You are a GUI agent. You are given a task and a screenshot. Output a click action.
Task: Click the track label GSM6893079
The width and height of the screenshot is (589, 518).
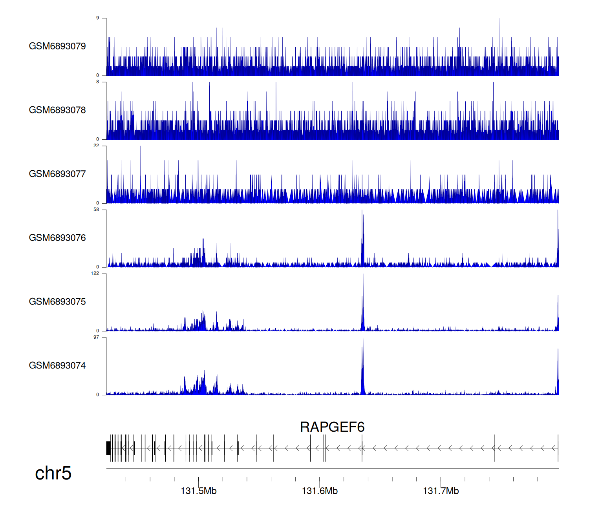pyautogui.click(x=57, y=46)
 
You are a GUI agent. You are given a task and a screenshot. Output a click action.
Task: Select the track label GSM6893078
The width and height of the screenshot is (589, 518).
pyautogui.click(x=57, y=110)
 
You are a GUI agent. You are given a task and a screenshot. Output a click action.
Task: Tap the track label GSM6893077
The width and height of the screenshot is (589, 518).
pyautogui.click(x=57, y=174)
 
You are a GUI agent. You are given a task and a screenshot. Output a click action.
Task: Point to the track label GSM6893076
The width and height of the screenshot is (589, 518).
pyautogui.click(x=57, y=238)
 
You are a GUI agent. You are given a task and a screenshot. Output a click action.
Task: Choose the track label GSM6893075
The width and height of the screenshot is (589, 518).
pyautogui.click(x=57, y=302)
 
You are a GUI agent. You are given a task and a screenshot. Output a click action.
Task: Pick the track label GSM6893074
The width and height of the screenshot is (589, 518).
pyautogui.click(x=57, y=366)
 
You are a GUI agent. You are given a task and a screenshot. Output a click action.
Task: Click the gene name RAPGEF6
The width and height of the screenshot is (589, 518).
pyautogui.click(x=332, y=427)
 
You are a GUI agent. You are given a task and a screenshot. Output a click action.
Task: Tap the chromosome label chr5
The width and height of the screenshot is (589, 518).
pyautogui.click(x=53, y=473)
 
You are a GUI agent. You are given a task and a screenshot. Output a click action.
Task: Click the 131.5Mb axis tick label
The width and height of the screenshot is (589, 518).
pyautogui.click(x=198, y=491)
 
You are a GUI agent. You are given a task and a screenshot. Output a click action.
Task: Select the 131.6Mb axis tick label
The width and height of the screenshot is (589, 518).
pyautogui.click(x=320, y=491)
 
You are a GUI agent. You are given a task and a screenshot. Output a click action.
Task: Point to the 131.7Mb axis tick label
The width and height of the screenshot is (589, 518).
pyautogui.click(x=441, y=491)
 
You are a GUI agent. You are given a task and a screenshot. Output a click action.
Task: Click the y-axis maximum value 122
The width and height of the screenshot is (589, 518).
pyautogui.click(x=95, y=274)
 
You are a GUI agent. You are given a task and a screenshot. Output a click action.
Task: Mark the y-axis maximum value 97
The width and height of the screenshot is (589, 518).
pyautogui.click(x=96, y=337)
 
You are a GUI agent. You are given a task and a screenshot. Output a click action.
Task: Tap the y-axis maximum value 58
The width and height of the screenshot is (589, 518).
pyautogui.click(x=96, y=210)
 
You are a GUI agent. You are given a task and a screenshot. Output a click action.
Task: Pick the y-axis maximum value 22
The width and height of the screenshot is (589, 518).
pyautogui.click(x=96, y=146)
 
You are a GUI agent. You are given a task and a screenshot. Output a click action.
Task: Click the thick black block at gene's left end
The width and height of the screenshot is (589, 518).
pyautogui.click(x=108, y=448)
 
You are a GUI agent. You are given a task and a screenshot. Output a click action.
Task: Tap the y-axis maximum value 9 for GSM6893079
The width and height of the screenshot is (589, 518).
pyautogui.click(x=98, y=18)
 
